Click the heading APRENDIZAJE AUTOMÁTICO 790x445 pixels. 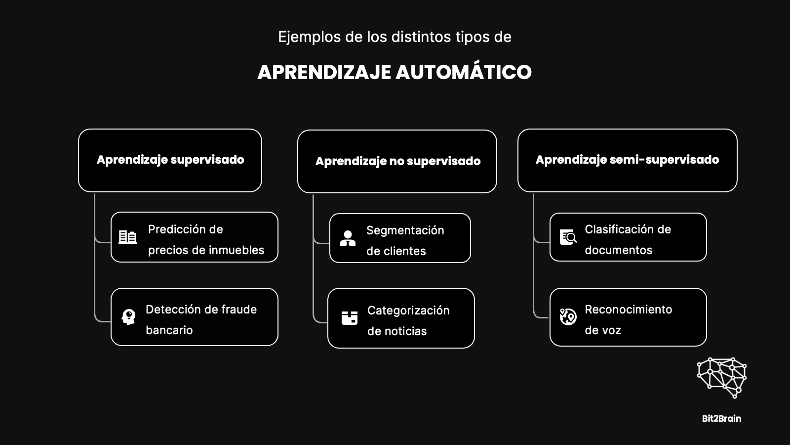395,72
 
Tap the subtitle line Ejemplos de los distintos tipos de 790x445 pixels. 395,37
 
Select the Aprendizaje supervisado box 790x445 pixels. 170,160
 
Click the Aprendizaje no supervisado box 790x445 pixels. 397,161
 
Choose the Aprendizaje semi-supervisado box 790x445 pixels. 628,160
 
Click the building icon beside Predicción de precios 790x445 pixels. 128,237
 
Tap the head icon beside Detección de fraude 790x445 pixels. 128,317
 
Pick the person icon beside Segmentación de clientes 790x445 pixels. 348,238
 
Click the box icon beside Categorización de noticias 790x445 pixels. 350,318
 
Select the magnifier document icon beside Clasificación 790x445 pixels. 568,237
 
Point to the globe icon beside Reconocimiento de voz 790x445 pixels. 568,317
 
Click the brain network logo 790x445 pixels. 721,378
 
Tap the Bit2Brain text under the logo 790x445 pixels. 721,418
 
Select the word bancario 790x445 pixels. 169,330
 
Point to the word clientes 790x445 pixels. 405,251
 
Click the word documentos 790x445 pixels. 619,250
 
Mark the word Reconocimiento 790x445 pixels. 629,310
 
